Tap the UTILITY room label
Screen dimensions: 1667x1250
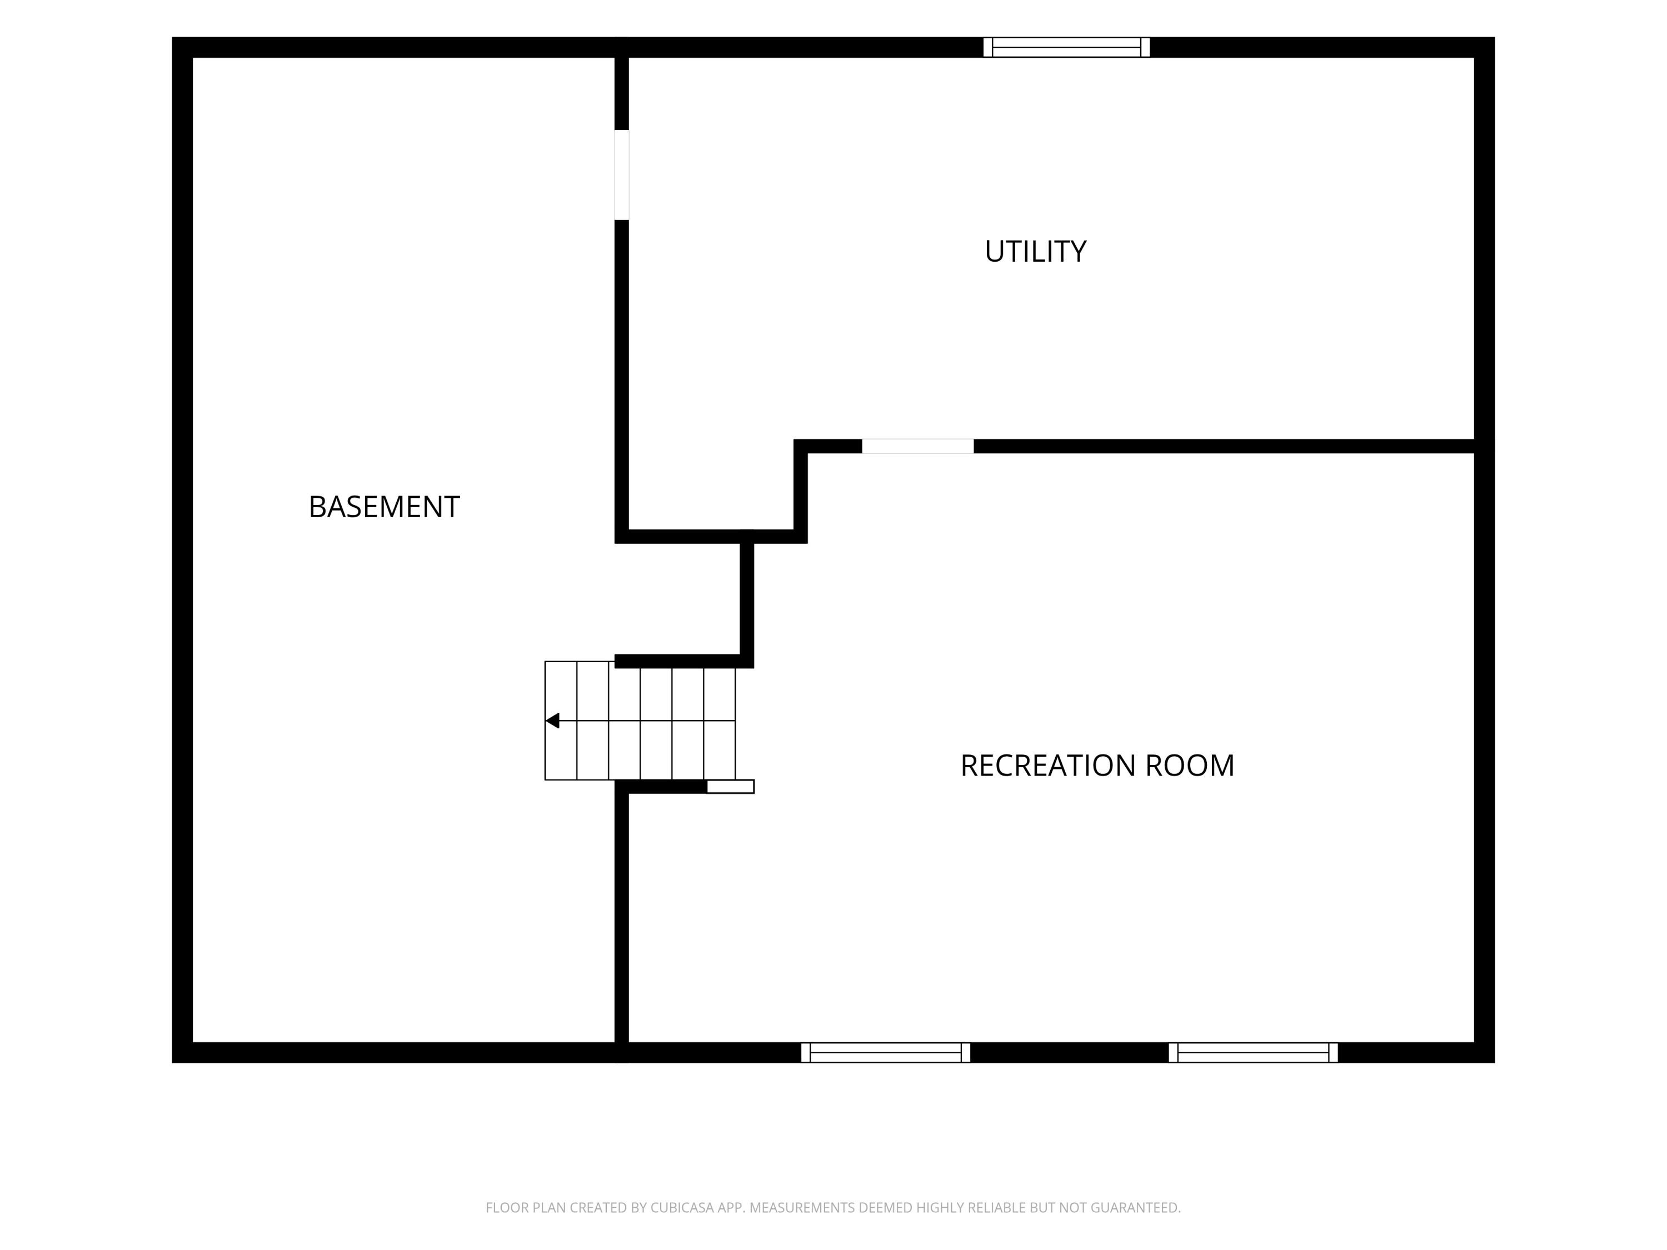tap(1035, 252)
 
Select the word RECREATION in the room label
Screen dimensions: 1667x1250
tap(1049, 766)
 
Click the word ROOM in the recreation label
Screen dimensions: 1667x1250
tap(1190, 766)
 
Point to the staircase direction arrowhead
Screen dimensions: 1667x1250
tap(552, 721)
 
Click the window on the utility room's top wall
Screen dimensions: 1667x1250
tap(1066, 47)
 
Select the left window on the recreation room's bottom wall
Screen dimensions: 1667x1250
tap(886, 1053)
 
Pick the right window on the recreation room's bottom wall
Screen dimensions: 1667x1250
tap(1253, 1053)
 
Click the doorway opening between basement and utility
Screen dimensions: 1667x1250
tap(622, 175)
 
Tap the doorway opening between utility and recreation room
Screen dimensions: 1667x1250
tap(918, 447)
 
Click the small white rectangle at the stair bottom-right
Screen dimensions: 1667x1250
tap(730, 787)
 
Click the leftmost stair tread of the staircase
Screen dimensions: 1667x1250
tap(561, 721)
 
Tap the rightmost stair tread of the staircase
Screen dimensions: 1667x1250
tap(720, 721)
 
